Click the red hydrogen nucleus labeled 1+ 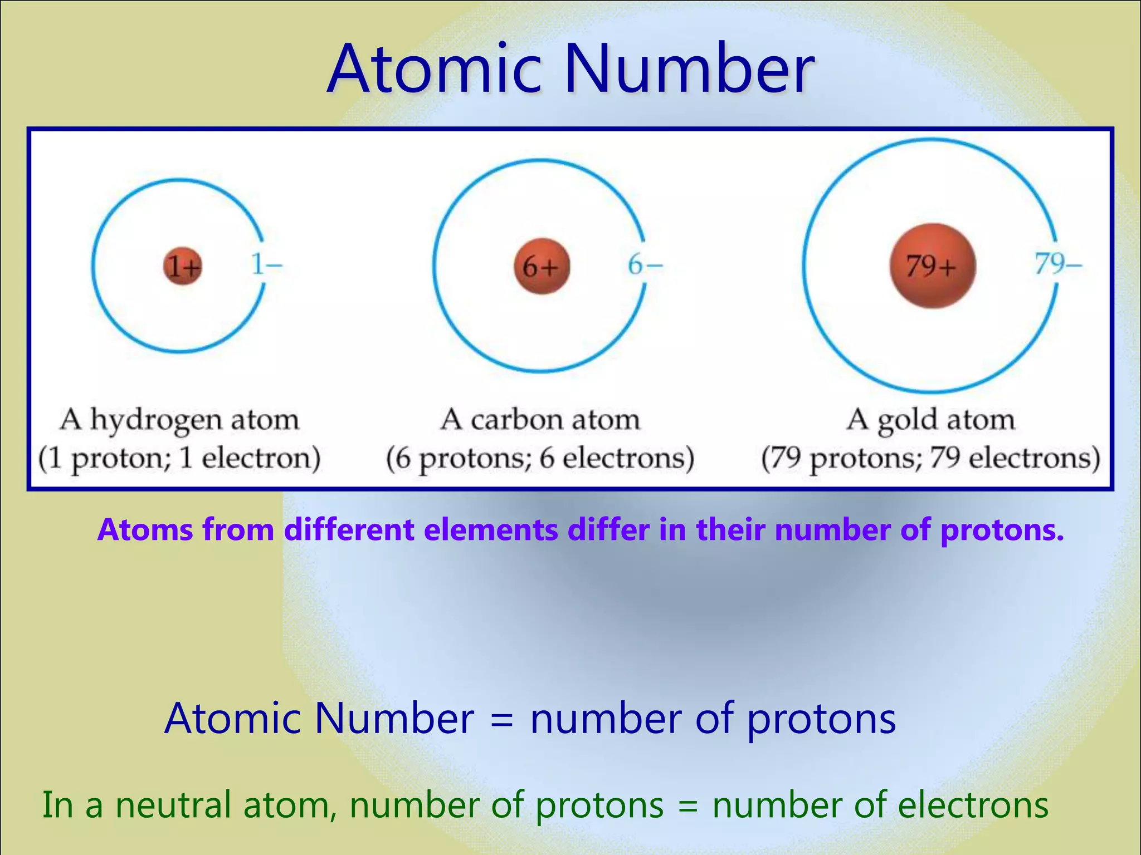click(x=183, y=266)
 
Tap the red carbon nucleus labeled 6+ click(x=542, y=266)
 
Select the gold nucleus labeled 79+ click(x=932, y=266)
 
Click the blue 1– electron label click(x=266, y=265)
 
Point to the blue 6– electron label click(x=645, y=265)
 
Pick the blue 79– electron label click(x=1058, y=264)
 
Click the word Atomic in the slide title click(x=434, y=70)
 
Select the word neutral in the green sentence click(x=173, y=805)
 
